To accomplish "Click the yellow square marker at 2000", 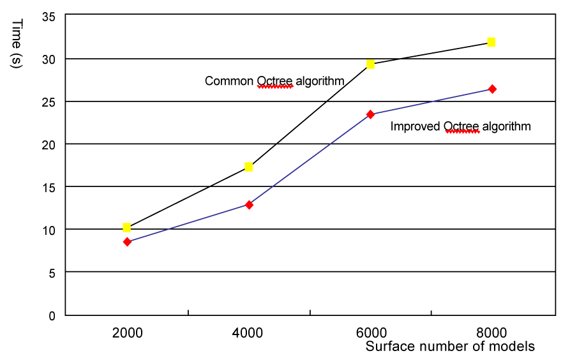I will (127, 228).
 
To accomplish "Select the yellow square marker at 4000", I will (249, 167).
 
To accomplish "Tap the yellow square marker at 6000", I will (370, 64).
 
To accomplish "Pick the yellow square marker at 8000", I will (491, 42).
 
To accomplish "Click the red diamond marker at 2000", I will (127, 242).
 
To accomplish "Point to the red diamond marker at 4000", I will (249, 205).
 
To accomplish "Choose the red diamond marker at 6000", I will (370, 114).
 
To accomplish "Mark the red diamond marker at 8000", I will (492, 89).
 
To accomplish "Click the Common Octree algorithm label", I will (274, 82).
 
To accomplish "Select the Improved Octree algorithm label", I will (460, 126).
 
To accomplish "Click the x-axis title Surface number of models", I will (450, 347).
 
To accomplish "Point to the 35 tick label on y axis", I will (49, 17).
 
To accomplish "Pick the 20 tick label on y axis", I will (49, 144).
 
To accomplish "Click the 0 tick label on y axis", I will (52, 315).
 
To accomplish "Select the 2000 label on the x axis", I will (127, 332).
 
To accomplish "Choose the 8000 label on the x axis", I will (491, 332).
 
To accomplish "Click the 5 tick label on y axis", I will (52, 273).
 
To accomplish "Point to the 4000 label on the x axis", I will (249, 332).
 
